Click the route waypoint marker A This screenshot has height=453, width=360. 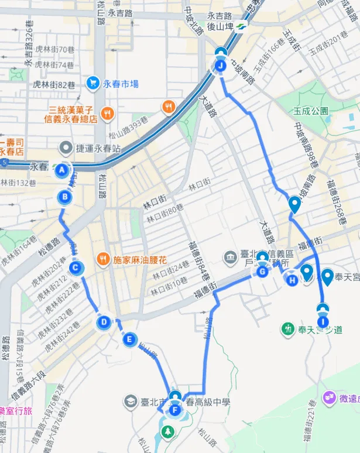coord(61,170)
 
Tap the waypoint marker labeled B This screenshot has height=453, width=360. coord(65,197)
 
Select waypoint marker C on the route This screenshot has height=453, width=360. coord(75,269)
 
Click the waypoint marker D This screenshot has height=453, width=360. coord(104,321)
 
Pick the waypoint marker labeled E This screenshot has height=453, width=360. coord(129,339)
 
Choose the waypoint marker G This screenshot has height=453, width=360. coord(262,272)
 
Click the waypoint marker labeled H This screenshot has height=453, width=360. coord(292,280)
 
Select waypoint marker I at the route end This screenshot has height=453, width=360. coord(323,321)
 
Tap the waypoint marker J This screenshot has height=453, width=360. coord(220,66)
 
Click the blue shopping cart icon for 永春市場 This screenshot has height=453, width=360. coord(92,84)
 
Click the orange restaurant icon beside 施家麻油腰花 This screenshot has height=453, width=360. coord(103,258)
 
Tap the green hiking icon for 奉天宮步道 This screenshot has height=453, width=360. coord(287,330)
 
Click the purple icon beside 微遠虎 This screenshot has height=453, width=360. coord(328,399)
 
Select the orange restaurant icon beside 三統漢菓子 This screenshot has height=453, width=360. coord(107,113)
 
